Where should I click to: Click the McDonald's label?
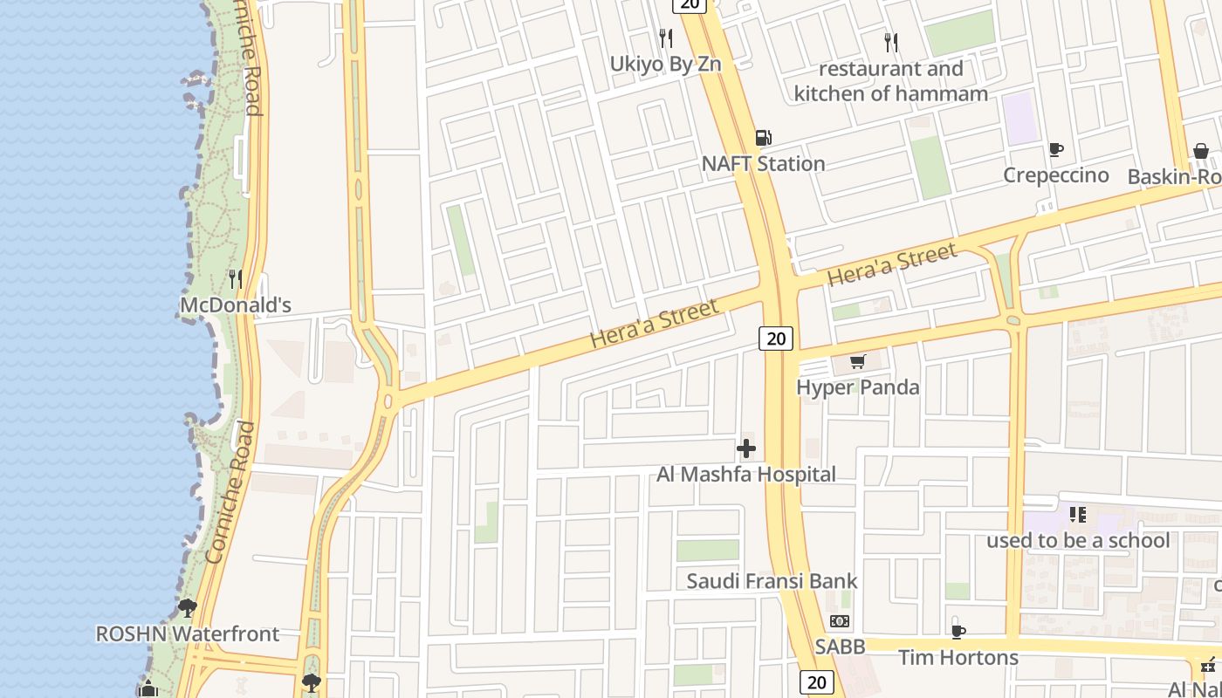[x=235, y=305]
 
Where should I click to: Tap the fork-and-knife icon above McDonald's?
[x=235, y=279]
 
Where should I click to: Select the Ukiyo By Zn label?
[x=665, y=64]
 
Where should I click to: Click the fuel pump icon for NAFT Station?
[x=763, y=138]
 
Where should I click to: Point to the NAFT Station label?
[x=763, y=164]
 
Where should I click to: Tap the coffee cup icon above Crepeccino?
[x=1055, y=150]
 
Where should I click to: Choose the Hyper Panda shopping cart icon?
[x=858, y=361]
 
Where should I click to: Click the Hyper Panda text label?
[x=858, y=387]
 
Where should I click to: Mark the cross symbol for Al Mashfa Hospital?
[x=746, y=449]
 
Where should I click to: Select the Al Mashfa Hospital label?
[x=746, y=475]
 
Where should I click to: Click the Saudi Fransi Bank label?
[x=772, y=581]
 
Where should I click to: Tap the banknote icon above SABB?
[x=840, y=621]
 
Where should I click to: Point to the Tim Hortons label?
[x=958, y=657]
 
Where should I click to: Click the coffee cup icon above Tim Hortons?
[x=958, y=632]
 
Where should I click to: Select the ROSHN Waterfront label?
[x=188, y=634]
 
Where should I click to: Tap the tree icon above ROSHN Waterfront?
[x=187, y=607]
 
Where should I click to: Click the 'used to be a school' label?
[x=1078, y=541]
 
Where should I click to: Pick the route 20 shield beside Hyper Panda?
[x=775, y=339]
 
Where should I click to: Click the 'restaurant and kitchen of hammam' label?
[x=891, y=81]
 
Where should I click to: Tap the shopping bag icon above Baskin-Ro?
[x=1201, y=151]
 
